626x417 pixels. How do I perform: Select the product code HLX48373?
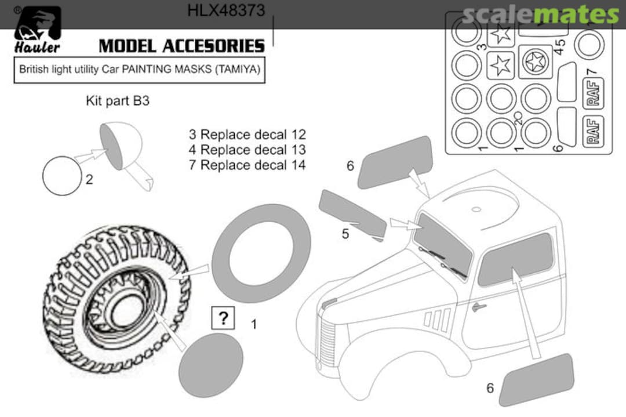(226, 10)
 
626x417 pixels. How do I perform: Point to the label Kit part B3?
(118, 101)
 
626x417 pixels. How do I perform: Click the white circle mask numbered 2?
(62, 175)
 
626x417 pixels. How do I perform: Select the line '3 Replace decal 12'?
(247, 135)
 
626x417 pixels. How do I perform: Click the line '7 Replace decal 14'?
(247, 165)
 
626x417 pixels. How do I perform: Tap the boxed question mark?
(223, 317)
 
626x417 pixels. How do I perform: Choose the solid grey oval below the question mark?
(211, 365)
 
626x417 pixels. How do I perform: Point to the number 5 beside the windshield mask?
(345, 234)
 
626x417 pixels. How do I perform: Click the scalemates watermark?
(541, 14)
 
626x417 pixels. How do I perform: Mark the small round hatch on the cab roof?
(476, 209)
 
